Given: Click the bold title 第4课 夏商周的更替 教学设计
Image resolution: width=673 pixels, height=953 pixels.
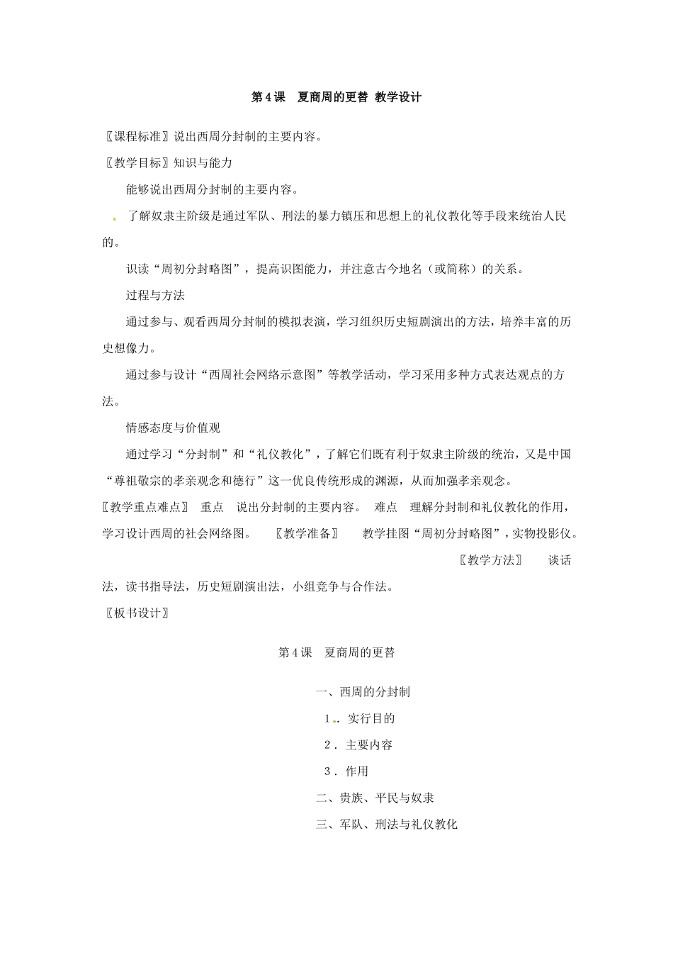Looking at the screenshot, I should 336,98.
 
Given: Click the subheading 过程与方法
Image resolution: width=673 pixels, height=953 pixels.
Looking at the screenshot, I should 155,295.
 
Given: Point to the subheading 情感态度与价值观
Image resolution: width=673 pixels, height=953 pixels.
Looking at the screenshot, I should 173,428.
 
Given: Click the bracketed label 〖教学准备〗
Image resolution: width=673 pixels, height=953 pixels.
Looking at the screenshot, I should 307,534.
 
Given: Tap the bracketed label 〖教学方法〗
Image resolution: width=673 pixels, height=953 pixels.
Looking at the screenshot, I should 490,560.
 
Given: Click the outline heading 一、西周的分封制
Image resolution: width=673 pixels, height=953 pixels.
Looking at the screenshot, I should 363,692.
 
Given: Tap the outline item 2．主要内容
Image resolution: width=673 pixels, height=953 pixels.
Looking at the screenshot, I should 358,745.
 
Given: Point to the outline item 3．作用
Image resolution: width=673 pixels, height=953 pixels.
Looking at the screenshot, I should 346,771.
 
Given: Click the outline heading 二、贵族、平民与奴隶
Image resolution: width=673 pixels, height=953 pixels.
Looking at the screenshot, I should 375,798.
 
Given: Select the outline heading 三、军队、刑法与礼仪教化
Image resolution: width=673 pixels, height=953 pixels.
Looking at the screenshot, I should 387,825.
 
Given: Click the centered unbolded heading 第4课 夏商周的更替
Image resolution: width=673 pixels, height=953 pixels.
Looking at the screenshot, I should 336,653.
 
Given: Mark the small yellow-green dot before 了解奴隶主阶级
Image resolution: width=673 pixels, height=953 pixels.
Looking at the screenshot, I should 114,219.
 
